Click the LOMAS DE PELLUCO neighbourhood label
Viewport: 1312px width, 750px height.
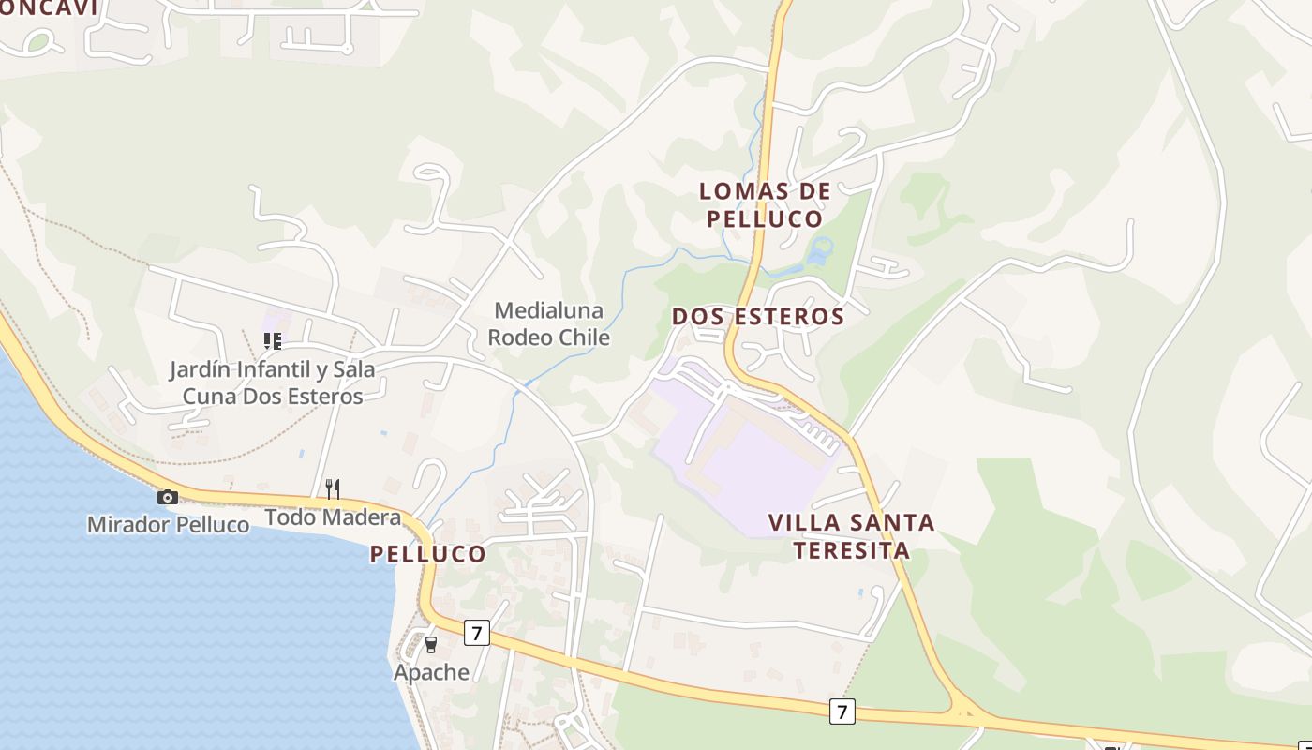(765, 205)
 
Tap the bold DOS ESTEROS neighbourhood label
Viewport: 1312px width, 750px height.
(758, 317)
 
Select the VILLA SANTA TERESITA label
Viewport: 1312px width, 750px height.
(851, 536)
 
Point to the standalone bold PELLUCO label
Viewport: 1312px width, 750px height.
(428, 554)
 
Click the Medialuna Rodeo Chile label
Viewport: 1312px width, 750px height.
(549, 323)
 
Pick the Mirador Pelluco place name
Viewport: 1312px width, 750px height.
(169, 525)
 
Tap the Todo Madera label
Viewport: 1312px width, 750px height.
(333, 517)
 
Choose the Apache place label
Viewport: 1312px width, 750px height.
(431, 672)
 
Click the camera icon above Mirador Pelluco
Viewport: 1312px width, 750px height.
(168, 497)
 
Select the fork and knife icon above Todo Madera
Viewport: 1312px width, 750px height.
(332, 488)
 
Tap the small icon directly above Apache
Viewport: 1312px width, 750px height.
(431, 644)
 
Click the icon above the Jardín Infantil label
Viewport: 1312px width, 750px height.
(272, 341)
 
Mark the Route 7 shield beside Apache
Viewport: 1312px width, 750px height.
(477, 633)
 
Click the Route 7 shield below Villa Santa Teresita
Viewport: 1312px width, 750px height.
(842, 712)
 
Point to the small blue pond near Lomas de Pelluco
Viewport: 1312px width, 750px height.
(820, 250)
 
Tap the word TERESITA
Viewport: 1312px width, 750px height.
(851, 549)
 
